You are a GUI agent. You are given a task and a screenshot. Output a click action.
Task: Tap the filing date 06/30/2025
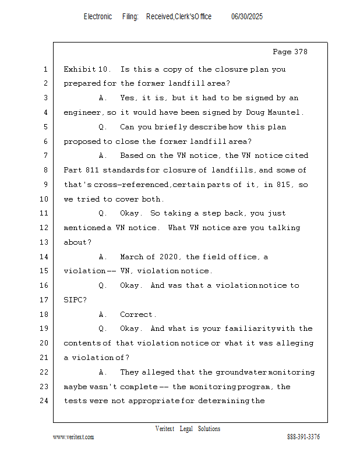pos(247,17)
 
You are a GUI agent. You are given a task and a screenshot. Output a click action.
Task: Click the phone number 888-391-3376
pos(303,437)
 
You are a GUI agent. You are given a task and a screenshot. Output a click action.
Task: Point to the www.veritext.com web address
pos(73,437)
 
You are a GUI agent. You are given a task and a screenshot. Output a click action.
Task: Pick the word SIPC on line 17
pos(73,300)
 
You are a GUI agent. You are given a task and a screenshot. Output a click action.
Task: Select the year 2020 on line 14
pos(171,257)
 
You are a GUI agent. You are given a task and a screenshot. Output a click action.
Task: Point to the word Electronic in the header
pos(98,17)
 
